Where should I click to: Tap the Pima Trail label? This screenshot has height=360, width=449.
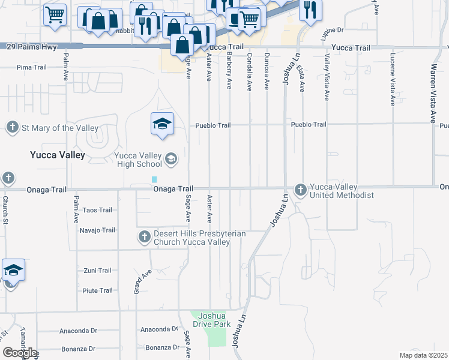click(x=32, y=67)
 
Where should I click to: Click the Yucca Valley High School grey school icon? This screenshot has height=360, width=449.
click(x=171, y=158)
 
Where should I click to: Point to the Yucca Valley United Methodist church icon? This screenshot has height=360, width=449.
click(x=301, y=190)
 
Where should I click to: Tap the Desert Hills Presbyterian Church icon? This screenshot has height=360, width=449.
click(x=144, y=237)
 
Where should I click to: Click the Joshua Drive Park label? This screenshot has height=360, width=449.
click(x=209, y=320)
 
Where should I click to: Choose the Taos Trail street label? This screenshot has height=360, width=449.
click(x=97, y=210)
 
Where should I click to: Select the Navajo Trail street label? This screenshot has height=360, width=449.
click(x=97, y=230)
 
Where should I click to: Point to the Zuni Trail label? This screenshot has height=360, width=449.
click(x=97, y=271)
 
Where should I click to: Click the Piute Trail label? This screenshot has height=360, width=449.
click(x=97, y=290)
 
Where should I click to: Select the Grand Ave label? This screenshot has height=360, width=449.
click(x=142, y=282)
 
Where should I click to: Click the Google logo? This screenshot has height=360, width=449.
click(x=19, y=353)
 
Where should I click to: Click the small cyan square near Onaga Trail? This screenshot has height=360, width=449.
click(x=155, y=179)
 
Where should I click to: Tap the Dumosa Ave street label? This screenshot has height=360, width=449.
click(x=267, y=71)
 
